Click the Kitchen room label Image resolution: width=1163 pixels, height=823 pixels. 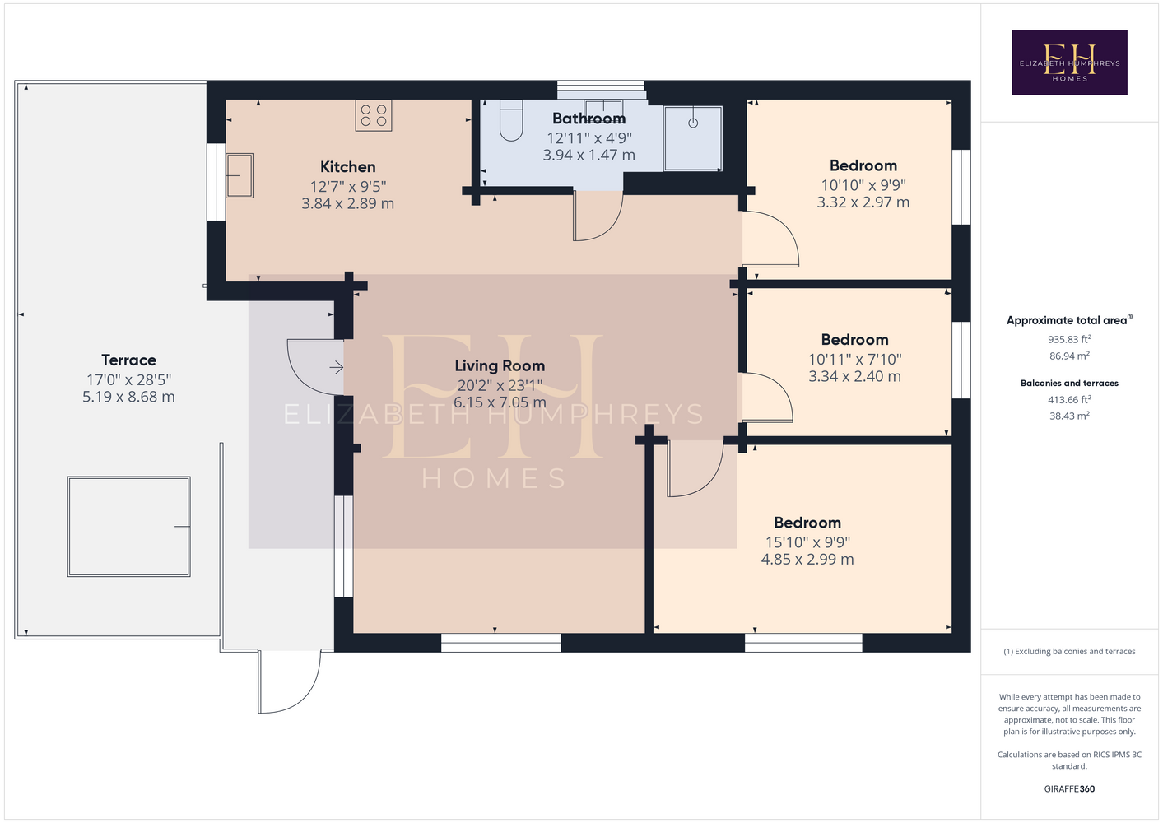coord(348,167)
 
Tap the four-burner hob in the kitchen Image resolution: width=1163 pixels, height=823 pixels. coord(374,115)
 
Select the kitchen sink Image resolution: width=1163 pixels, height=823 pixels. coord(240,175)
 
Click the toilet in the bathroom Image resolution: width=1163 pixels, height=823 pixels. coord(511,120)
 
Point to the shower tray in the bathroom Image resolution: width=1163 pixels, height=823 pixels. coord(693,138)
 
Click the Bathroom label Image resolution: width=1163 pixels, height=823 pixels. coord(588,119)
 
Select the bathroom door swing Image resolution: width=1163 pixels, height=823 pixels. coord(598,216)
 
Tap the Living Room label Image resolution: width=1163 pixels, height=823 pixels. coord(500,365)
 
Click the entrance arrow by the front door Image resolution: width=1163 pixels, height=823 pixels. coord(337,368)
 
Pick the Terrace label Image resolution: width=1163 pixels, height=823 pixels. coord(128,360)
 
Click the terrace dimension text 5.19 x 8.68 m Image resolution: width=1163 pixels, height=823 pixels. coord(128,397)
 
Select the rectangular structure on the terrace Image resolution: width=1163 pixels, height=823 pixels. coord(128,527)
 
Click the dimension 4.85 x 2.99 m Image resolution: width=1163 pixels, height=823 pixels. coord(807,559)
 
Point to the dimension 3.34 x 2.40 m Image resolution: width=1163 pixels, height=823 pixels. coord(854,376)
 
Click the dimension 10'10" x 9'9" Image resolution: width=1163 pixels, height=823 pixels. coord(863,185)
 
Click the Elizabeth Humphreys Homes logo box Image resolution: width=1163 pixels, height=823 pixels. coord(1069,63)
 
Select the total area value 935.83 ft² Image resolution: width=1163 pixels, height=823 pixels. coord(1069,339)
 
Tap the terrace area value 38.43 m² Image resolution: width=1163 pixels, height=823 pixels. coord(1069,416)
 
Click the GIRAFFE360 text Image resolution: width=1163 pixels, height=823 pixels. coord(1069,788)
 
